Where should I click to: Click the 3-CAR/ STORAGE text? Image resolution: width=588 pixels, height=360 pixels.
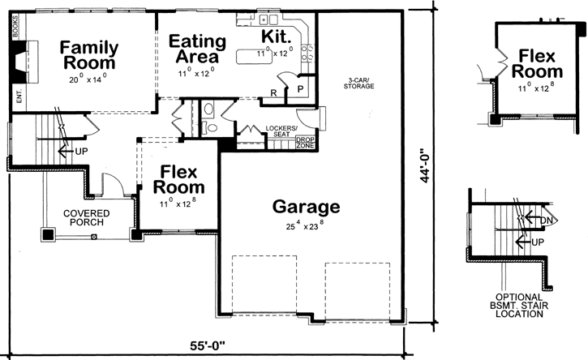(358, 83)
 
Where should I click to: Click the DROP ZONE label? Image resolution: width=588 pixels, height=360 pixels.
(305, 144)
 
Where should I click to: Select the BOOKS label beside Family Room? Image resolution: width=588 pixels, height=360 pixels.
(15, 29)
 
